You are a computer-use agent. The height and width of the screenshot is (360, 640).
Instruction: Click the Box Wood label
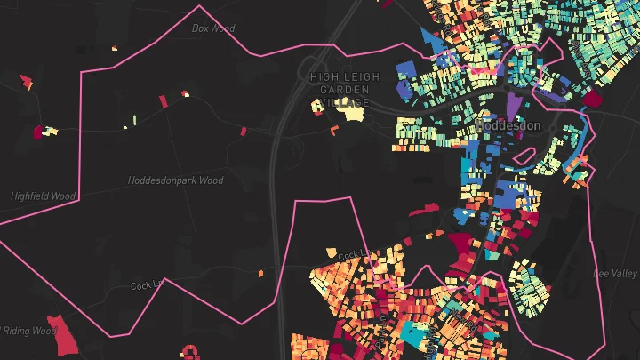click(x=213, y=28)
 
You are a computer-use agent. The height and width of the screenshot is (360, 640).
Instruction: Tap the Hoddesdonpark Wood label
click(x=176, y=180)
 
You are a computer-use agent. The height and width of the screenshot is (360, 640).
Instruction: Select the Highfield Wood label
click(x=42, y=196)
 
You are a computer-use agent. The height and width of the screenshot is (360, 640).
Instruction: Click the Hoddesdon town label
click(x=508, y=126)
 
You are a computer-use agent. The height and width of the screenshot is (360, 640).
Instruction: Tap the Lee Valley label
click(x=615, y=273)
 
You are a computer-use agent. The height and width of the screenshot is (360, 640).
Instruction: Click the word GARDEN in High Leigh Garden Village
click(x=338, y=91)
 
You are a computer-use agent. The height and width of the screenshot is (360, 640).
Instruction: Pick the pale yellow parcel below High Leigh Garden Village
click(x=354, y=112)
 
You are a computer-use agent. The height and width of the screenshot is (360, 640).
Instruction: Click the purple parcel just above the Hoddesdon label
click(x=515, y=104)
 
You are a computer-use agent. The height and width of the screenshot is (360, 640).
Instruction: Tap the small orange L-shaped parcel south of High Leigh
click(x=334, y=131)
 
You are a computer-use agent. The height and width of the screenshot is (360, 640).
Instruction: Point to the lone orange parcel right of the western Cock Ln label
click(x=260, y=274)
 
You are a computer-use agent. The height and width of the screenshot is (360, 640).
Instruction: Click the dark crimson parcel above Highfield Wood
click(x=38, y=132)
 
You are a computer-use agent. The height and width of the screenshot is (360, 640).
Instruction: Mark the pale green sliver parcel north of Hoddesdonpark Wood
click(x=134, y=118)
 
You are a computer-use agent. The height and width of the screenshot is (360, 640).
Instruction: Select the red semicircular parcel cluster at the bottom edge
click(x=188, y=353)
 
